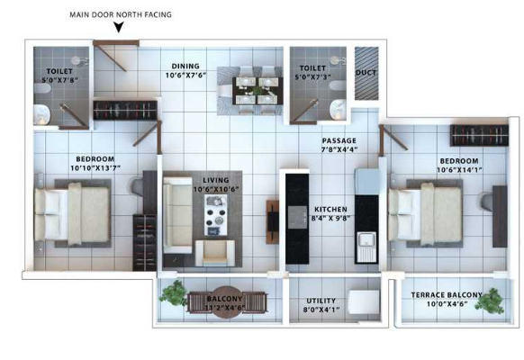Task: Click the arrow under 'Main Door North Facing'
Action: [x=119, y=27]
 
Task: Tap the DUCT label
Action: [x=366, y=73]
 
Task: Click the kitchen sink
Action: [x=366, y=247]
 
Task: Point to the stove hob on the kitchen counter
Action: [x=297, y=217]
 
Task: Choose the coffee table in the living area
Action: [x=216, y=215]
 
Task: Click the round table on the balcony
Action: [x=227, y=302]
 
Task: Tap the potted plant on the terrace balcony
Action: [x=491, y=301]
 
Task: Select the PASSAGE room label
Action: [x=339, y=140]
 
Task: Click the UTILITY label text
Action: [x=321, y=301]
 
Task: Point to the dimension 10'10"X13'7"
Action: [x=95, y=168]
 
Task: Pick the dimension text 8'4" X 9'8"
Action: [x=330, y=219]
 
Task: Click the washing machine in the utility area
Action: [x=364, y=301]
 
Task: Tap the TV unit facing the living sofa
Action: [x=273, y=221]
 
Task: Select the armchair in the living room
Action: [x=215, y=253]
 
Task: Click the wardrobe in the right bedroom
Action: [x=479, y=135]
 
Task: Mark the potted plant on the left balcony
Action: [x=174, y=292]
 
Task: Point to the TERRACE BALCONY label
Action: [x=447, y=295]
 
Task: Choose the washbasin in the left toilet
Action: [x=41, y=114]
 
